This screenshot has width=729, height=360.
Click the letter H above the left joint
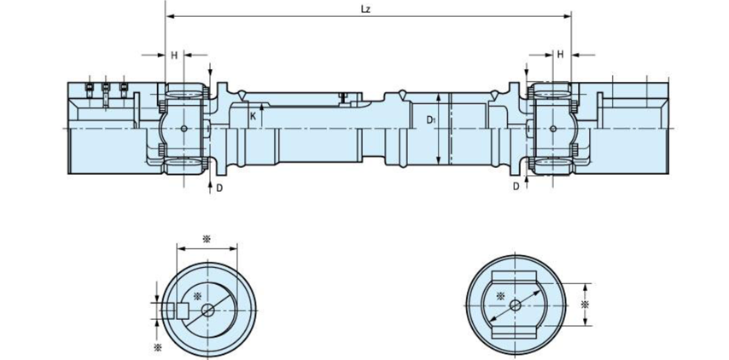[175, 55]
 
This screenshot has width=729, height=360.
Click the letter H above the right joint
[561, 55]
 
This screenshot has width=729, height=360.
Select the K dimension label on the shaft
[253, 115]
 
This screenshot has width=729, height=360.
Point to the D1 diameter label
[431, 120]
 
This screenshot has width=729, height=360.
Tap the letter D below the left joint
[219, 187]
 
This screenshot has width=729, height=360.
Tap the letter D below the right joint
[516, 186]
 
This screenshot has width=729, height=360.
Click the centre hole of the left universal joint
[185, 128]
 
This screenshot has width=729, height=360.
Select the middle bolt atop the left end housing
[105, 87]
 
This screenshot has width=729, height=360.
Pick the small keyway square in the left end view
[181, 311]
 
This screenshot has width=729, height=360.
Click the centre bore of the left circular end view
[207, 311]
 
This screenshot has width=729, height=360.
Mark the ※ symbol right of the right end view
[585, 305]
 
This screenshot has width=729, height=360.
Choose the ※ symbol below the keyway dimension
[157, 347]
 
